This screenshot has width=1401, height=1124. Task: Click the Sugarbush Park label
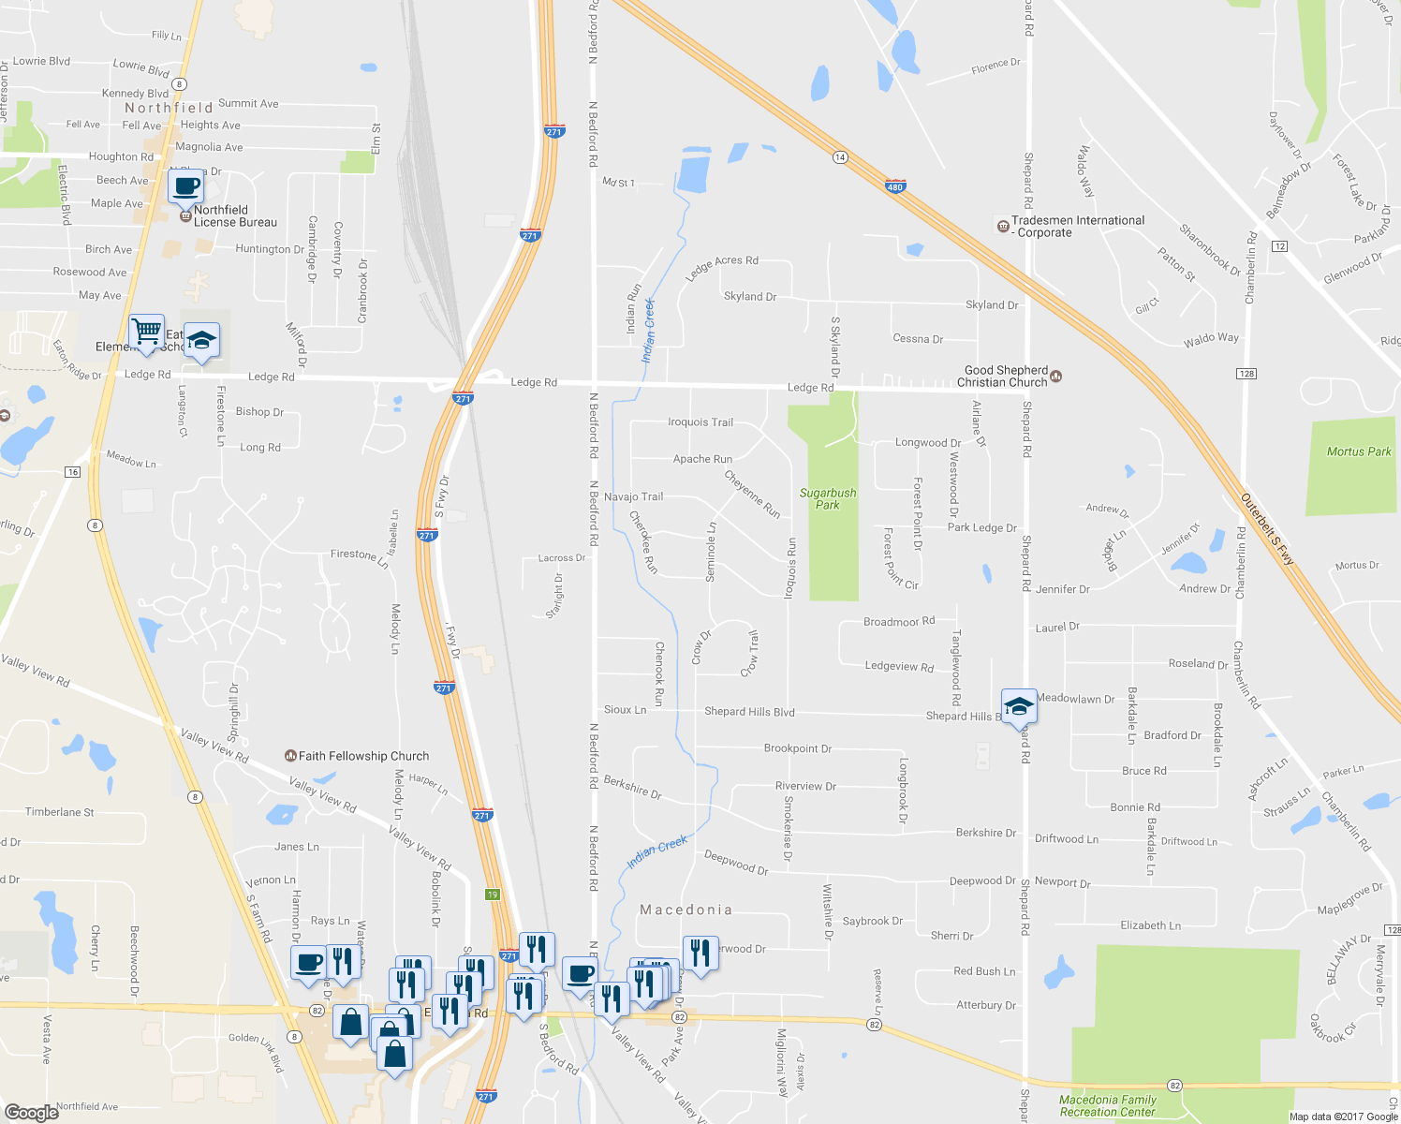tap(828, 498)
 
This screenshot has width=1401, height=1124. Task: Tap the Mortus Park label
tap(1359, 451)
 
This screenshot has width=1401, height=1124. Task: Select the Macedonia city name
tap(686, 910)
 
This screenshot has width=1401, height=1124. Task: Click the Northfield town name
tap(169, 108)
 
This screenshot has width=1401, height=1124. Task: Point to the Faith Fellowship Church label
tap(363, 756)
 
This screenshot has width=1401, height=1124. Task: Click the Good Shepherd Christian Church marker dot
tap(1056, 376)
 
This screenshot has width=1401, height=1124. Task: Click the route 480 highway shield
tap(895, 187)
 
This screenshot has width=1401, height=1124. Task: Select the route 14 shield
tap(840, 157)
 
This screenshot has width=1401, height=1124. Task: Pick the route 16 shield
tap(73, 472)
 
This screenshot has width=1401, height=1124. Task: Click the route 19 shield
tap(493, 895)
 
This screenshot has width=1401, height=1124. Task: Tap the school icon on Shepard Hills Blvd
tap(1018, 706)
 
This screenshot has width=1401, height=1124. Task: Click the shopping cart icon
tap(146, 332)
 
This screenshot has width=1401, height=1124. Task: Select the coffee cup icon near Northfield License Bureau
tap(185, 185)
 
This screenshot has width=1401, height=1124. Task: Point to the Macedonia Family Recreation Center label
tap(1108, 1106)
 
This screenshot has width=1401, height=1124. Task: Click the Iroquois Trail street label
tap(700, 422)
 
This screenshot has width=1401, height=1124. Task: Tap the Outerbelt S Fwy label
tap(1268, 528)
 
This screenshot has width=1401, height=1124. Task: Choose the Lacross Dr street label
tap(561, 558)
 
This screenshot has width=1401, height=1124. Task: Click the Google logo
tap(32, 1112)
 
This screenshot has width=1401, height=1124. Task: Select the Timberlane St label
tap(60, 812)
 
